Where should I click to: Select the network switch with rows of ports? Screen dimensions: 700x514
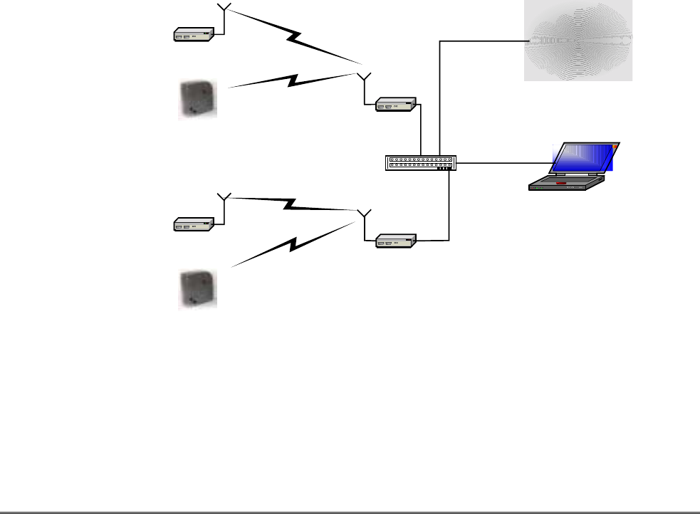coord(420,163)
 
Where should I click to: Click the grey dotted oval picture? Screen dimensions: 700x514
coord(578,41)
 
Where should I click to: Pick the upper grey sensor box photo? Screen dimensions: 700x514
coord(197,99)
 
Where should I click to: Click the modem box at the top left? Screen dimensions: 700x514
coord(194,33)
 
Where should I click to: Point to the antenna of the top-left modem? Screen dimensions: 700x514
coord(224,10)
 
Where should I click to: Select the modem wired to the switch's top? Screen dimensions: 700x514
coord(396,105)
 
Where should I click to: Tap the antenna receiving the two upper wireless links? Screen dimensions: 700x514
coord(363,76)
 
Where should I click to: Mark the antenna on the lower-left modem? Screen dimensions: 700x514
coord(224,196)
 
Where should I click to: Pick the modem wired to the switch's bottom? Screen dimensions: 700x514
coord(396,241)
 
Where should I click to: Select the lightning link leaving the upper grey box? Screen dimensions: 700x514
coord(292,80)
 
